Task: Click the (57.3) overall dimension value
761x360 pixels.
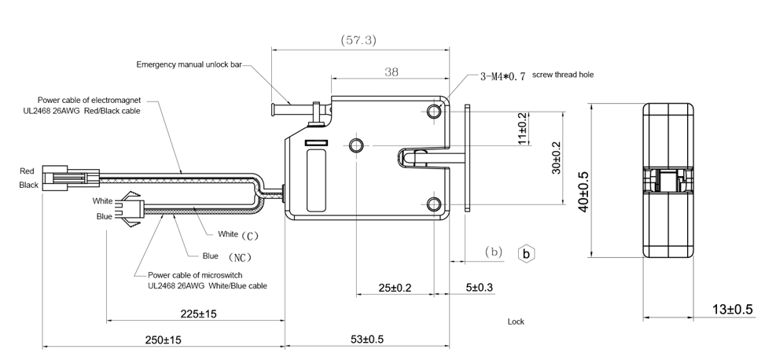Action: (358, 39)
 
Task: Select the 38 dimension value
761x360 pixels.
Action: (391, 72)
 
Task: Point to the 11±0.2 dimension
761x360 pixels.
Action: (523, 128)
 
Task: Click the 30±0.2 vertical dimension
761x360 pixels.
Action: (557, 157)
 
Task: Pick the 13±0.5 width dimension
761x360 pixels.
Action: (732, 309)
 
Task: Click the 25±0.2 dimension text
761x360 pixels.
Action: (395, 288)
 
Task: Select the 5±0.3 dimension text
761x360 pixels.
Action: (479, 288)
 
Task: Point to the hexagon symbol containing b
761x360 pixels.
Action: (528, 254)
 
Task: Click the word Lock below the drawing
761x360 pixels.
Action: (516, 321)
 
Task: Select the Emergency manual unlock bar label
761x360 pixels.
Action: (189, 64)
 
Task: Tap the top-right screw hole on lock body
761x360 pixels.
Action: (435, 111)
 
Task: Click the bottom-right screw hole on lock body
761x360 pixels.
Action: (435, 205)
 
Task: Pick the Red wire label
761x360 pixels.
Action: (28, 171)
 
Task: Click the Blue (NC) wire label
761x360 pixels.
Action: (225, 256)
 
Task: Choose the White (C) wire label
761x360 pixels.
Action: (237, 234)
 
